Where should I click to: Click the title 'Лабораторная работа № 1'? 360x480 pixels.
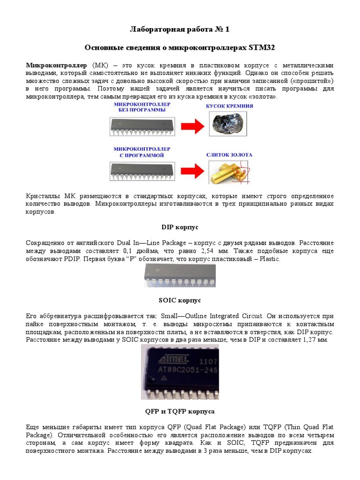180,30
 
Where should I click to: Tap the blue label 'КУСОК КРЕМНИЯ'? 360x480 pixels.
230,106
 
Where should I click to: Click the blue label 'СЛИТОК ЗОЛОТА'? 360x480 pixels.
230,154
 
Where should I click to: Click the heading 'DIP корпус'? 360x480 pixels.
180,227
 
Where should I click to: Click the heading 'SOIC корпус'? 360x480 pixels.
180,300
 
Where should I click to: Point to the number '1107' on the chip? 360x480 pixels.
208,362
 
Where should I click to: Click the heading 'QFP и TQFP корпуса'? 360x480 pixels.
180,411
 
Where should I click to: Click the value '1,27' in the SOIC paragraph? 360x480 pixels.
306,339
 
